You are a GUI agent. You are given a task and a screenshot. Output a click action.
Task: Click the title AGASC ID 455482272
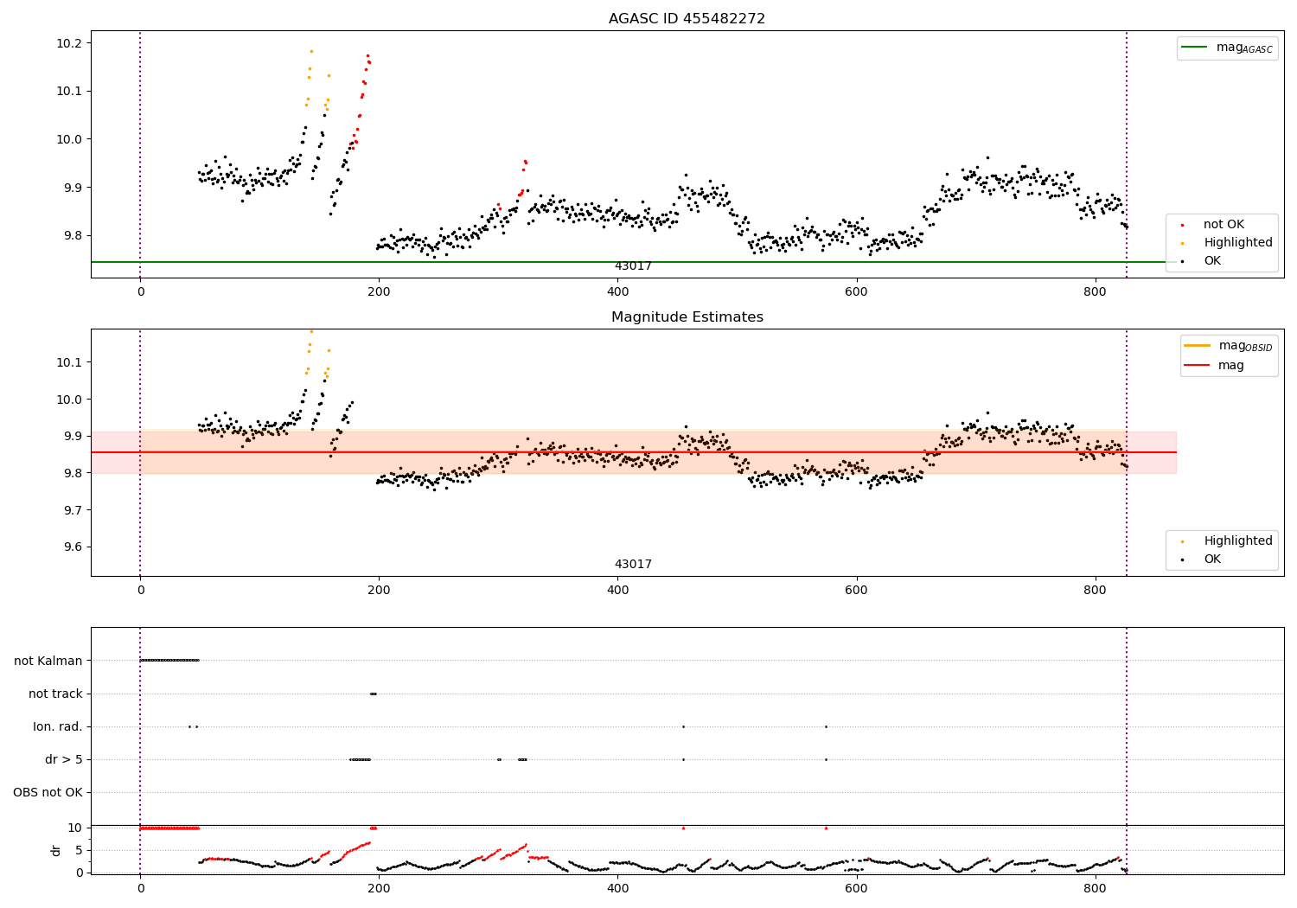pyautogui.click(x=687, y=18)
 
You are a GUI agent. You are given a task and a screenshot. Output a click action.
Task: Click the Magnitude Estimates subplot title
pyautogui.click(x=687, y=317)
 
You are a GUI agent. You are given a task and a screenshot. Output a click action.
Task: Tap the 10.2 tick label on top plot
pyautogui.click(x=73, y=43)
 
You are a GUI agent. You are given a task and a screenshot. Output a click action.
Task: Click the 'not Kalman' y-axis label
pyautogui.click(x=48, y=661)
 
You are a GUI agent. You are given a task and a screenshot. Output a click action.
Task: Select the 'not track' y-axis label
pyautogui.click(x=55, y=694)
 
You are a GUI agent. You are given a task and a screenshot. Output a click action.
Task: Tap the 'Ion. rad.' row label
pyautogui.click(x=57, y=726)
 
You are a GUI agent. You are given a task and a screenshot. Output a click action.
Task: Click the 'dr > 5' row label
pyautogui.click(x=64, y=760)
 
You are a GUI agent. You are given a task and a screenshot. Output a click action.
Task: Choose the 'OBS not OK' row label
pyautogui.click(x=48, y=793)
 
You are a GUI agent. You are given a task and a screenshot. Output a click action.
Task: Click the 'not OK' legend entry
pyautogui.click(x=1224, y=224)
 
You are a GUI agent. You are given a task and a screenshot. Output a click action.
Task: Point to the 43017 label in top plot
pyautogui.click(x=633, y=265)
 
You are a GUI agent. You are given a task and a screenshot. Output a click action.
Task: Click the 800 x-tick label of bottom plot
pyautogui.click(x=1095, y=888)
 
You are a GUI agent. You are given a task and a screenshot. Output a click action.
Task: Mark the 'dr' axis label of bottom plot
pyautogui.click(x=56, y=851)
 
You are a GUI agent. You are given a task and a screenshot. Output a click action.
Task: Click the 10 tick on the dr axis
pyautogui.click(x=74, y=828)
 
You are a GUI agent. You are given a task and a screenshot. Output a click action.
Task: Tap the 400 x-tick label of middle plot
pyautogui.click(x=618, y=590)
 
